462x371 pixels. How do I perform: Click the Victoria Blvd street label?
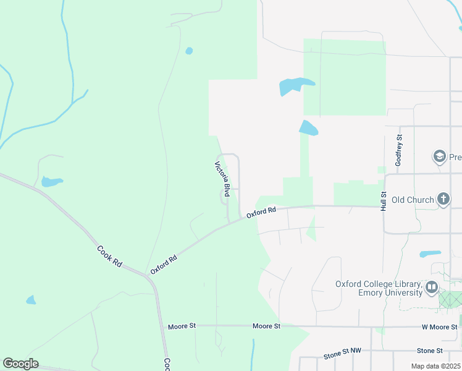pos(222,179)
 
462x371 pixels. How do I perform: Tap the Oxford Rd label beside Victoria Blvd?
pos(261,213)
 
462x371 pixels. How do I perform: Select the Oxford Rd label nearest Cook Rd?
pos(164,264)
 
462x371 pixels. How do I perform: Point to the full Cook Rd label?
pos(109,256)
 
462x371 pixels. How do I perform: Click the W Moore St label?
pos(439,326)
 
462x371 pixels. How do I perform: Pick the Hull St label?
pos(384,201)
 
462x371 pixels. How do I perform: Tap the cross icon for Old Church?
pos(443,199)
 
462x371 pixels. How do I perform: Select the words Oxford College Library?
pos(378,284)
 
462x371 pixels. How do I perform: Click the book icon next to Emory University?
pos(431,288)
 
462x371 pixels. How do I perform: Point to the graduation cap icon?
pos(440,156)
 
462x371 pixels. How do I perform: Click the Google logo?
pos(20,364)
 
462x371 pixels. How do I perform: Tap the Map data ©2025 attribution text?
pos(435,366)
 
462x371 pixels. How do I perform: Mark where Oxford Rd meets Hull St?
pos(384,207)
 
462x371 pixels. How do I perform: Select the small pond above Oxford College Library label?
pos(430,254)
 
